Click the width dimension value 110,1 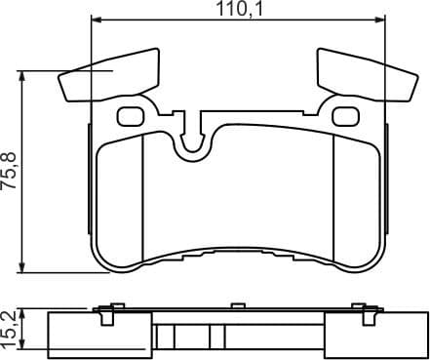tap(240, 10)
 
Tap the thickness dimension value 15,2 tap(11, 328)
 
